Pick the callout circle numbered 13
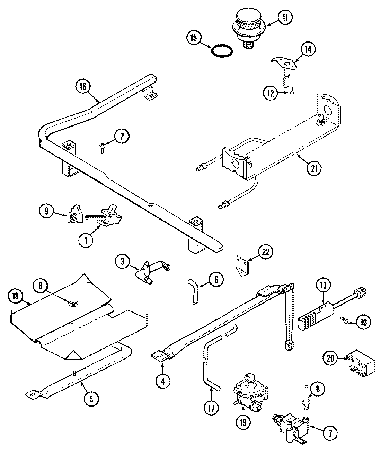coord(323,286)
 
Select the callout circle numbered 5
coord(90,399)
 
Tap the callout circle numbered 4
coord(163,381)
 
